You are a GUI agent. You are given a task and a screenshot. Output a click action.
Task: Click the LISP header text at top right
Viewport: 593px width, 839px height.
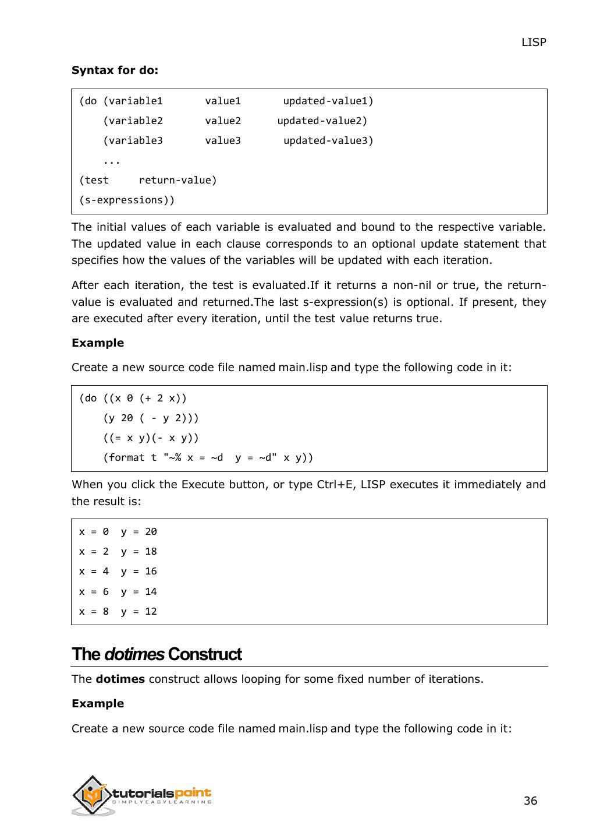coord(533,42)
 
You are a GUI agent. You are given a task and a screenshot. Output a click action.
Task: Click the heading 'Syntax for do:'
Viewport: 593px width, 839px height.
coord(115,70)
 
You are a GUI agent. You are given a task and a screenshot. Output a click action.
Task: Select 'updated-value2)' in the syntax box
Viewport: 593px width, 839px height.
coord(322,121)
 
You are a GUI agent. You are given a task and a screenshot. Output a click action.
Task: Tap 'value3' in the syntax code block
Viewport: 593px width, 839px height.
coord(222,141)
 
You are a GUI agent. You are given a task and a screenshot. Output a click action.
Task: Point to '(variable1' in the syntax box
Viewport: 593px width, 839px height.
coord(133,101)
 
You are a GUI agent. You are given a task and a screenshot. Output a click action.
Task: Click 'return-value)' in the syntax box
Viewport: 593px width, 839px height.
coord(177,181)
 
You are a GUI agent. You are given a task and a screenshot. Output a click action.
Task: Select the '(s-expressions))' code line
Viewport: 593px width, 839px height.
coord(126,200)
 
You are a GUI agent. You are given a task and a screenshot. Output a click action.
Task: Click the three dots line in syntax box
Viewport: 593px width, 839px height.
coord(111,161)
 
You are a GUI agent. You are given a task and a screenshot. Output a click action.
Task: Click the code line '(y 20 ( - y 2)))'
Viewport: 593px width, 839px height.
coord(151,418)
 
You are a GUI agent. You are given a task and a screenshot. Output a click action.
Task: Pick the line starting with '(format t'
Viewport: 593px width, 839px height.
coord(208,458)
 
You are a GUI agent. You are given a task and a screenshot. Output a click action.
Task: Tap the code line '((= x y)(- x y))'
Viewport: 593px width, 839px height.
coord(151,438)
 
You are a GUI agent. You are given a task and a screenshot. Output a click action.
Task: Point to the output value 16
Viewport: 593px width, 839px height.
coord(151,572)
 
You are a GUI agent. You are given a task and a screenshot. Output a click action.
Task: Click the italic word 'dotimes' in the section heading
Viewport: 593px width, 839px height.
coord(134,654)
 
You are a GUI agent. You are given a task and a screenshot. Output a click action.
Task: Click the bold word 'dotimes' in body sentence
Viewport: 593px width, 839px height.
coord(120,679)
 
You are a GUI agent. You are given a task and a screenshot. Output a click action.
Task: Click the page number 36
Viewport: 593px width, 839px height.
coord(530,801)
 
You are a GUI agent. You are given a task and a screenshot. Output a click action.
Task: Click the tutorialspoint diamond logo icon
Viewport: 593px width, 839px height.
coord(91,795)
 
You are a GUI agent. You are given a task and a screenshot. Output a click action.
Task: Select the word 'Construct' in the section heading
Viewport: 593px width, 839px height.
coord(204,654)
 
